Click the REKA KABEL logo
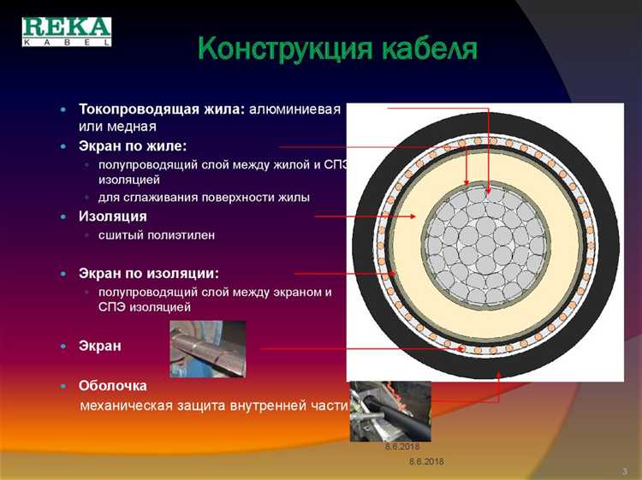pyautogui.click(x=66, y=30)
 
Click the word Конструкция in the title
pyautogui.click(x=275, y=47)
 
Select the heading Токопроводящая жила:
pyautogui.click(x=162, y=110)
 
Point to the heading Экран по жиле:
pyautogui.click(x=133, y=146)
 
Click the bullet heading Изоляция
pyautogui.click(x=113, y=216)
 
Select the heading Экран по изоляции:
pyautogui.click(x=149, y=274)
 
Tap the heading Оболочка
pyautogui.click(x=113, y=386)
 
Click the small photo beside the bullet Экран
pyautogui.click(x=207, y=348)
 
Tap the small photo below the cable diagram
pyautogui.click(x=389, y=411)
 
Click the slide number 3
pyautogui.click(x=625, y=471)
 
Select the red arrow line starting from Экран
pyautogui.click(x=360, y=348)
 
